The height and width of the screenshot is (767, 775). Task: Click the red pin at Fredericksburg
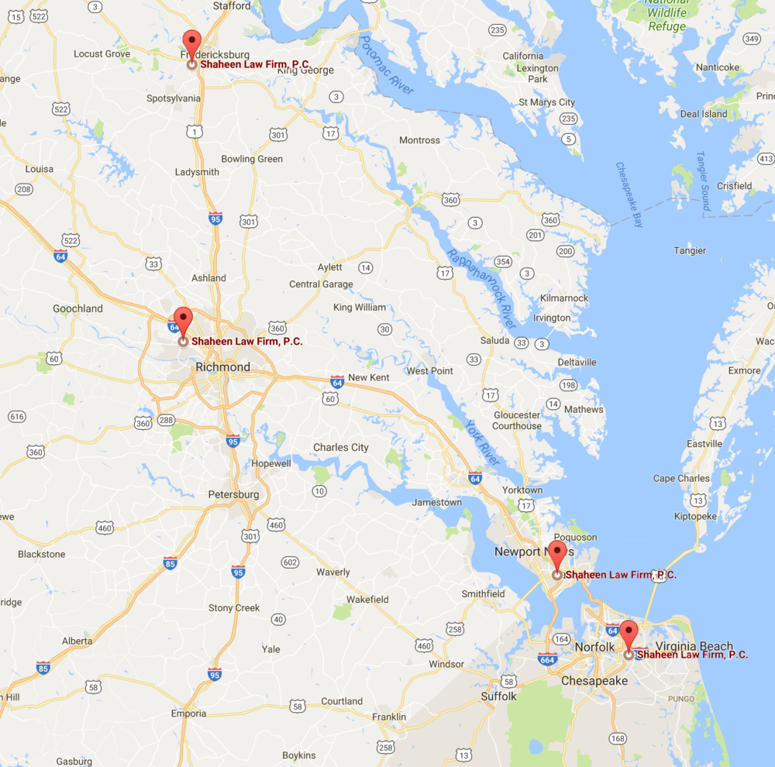coord(191,43)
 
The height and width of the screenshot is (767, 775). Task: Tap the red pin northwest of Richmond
coord(182,319)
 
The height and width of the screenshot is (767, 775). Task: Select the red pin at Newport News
coord(556,554)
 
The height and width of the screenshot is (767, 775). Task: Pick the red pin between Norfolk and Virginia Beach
coord(628,633)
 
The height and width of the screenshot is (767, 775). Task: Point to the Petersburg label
coord(233,494)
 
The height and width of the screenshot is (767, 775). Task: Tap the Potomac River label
coord(386,68)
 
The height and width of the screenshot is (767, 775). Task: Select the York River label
coord(482,442)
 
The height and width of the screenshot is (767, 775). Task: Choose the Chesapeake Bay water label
coord(629,194)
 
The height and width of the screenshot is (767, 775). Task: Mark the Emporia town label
coord(188,714)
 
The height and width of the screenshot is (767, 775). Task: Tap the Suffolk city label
coord(498,696)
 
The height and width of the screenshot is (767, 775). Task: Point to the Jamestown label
coord(436,502)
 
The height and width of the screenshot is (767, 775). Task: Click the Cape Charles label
coord(681,478)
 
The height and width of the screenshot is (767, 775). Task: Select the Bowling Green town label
coord(252,159)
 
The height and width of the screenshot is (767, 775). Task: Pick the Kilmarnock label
coord(564,298)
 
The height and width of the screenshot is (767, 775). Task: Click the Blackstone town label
coord(42,554)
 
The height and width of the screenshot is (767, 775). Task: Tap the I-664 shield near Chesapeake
coord(547,659)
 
